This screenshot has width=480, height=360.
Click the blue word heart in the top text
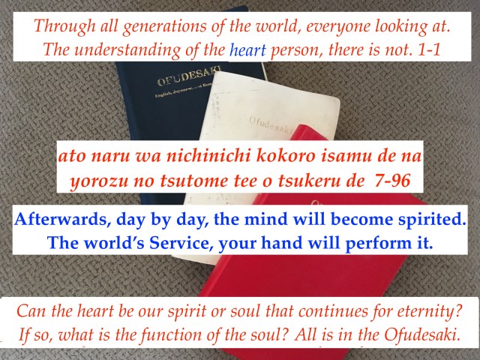coord(247,50)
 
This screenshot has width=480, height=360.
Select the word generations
coord(165,27)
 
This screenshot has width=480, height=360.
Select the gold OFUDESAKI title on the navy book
coord(189,76)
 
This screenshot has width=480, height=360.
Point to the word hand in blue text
coord(281,243)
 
